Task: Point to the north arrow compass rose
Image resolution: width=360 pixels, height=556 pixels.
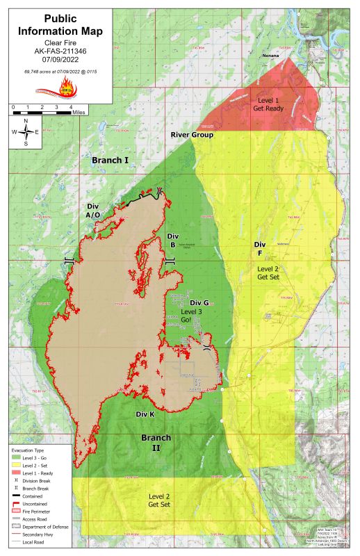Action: [x=26, y=131]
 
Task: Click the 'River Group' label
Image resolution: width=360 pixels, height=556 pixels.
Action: [x=192, y=135]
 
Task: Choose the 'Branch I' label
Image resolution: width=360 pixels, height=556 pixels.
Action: [x=111, y=161]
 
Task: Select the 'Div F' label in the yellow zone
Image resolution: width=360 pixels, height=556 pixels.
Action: [x=259, y=249]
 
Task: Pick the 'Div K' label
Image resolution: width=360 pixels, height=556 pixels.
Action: [x=145, y=414]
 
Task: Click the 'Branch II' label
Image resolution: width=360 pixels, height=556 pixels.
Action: [x=156, y=443]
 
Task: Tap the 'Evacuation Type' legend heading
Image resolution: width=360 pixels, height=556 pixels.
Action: [x=28, y=451]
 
